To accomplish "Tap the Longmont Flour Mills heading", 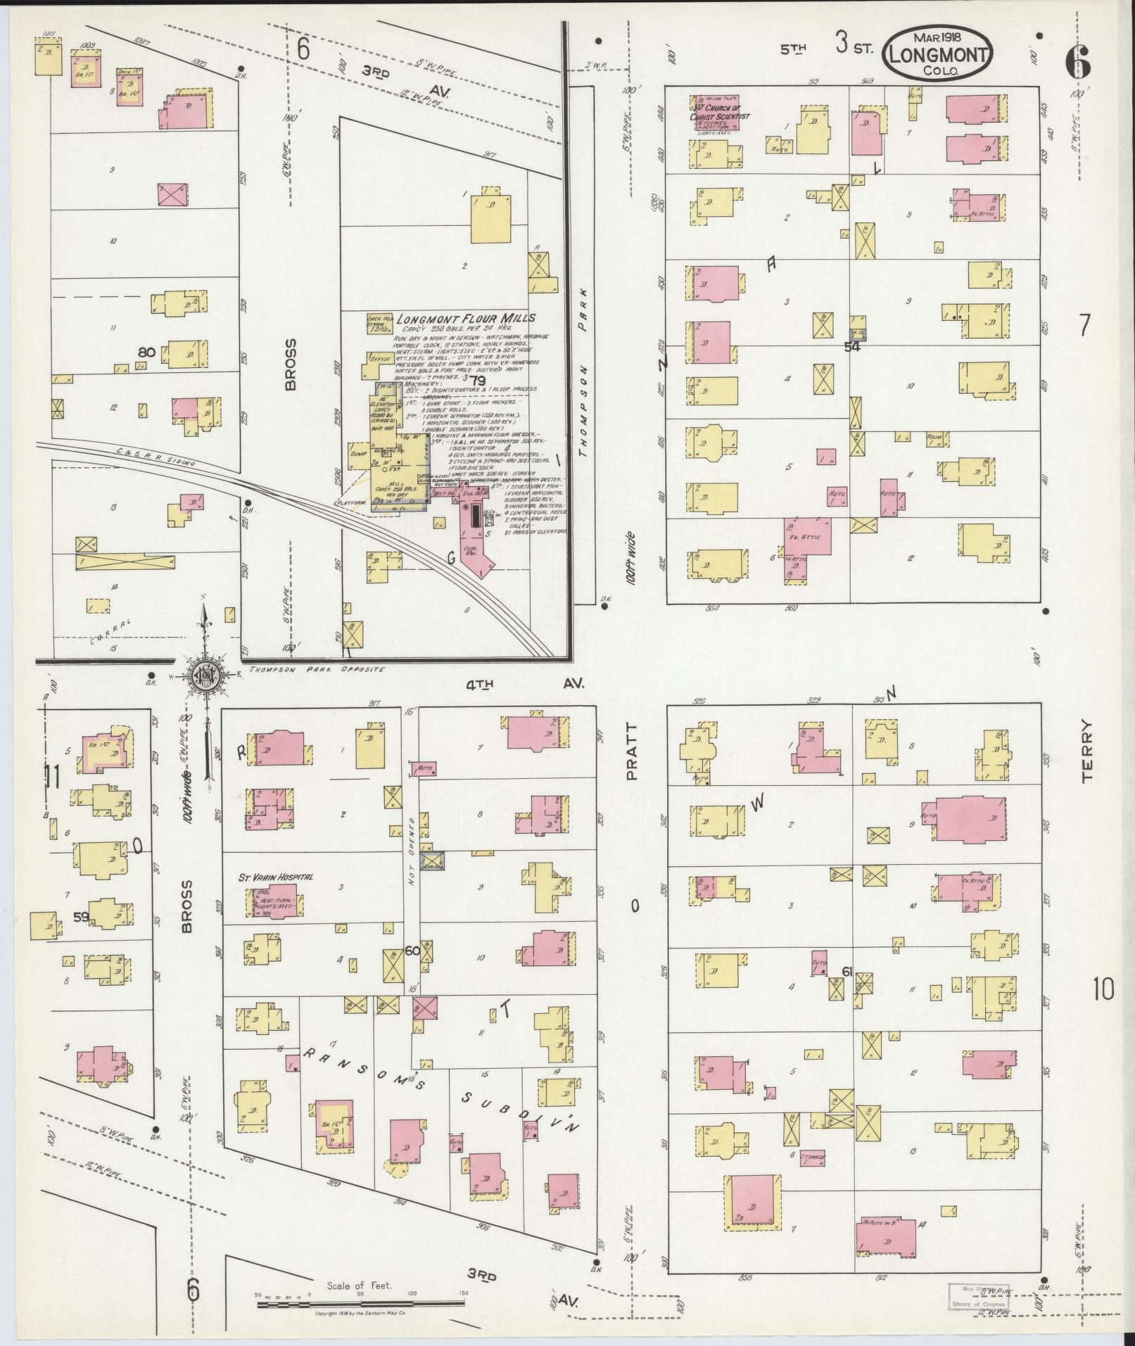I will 466,318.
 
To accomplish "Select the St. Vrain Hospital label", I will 277,877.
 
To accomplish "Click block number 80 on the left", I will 146,351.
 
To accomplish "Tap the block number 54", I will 852,346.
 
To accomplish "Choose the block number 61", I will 847,972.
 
